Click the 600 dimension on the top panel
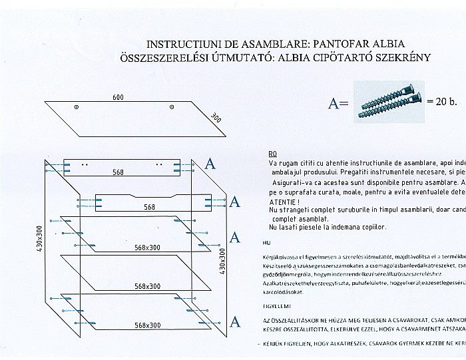pos(118,98)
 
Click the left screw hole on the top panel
pos(77,107)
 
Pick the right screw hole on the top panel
pos(172,107)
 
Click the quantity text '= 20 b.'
pos(442,103)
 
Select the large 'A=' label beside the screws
pos(338,104)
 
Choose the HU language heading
pos(266,244)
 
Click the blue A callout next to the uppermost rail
pos(210,164)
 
